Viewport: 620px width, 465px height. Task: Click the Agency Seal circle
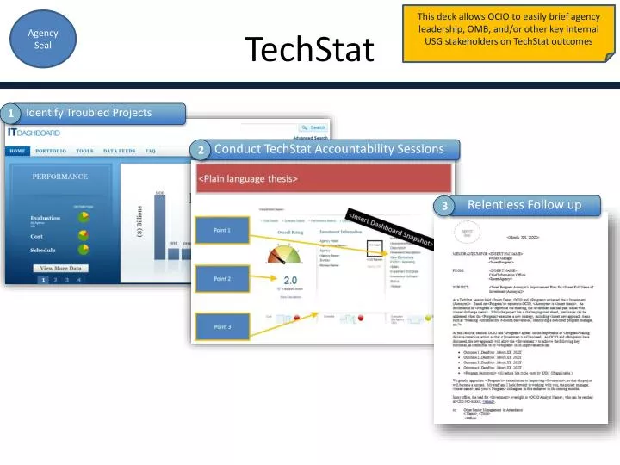pyautogui.click(x=43, y=39)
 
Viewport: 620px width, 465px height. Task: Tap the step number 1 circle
pyautogui.click(x=12, y=114)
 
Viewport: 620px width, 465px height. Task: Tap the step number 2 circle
pyautogui.click(x=200, y=151)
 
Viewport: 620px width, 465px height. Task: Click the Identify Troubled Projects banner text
pyautogui.click(x=89, y=113)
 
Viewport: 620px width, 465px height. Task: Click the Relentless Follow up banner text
pyautogui.click(x=524, y=205)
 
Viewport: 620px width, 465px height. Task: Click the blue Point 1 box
pyautogui.click(x=222, y=230)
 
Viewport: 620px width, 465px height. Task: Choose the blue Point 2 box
pyautogui.click(x=222, y=279)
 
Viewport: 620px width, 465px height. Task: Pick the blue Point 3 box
pyautogui.click(x=222, y=326)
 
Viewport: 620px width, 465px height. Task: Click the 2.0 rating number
pyautogui.click(x=290, y=281)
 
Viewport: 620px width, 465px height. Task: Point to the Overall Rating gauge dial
pyautogui.click(x=289, y=254)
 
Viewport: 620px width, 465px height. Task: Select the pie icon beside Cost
pyautogui.click(x=83, y=235)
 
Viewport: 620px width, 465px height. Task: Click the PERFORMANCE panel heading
pyautogui.click(x=60, y=177)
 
